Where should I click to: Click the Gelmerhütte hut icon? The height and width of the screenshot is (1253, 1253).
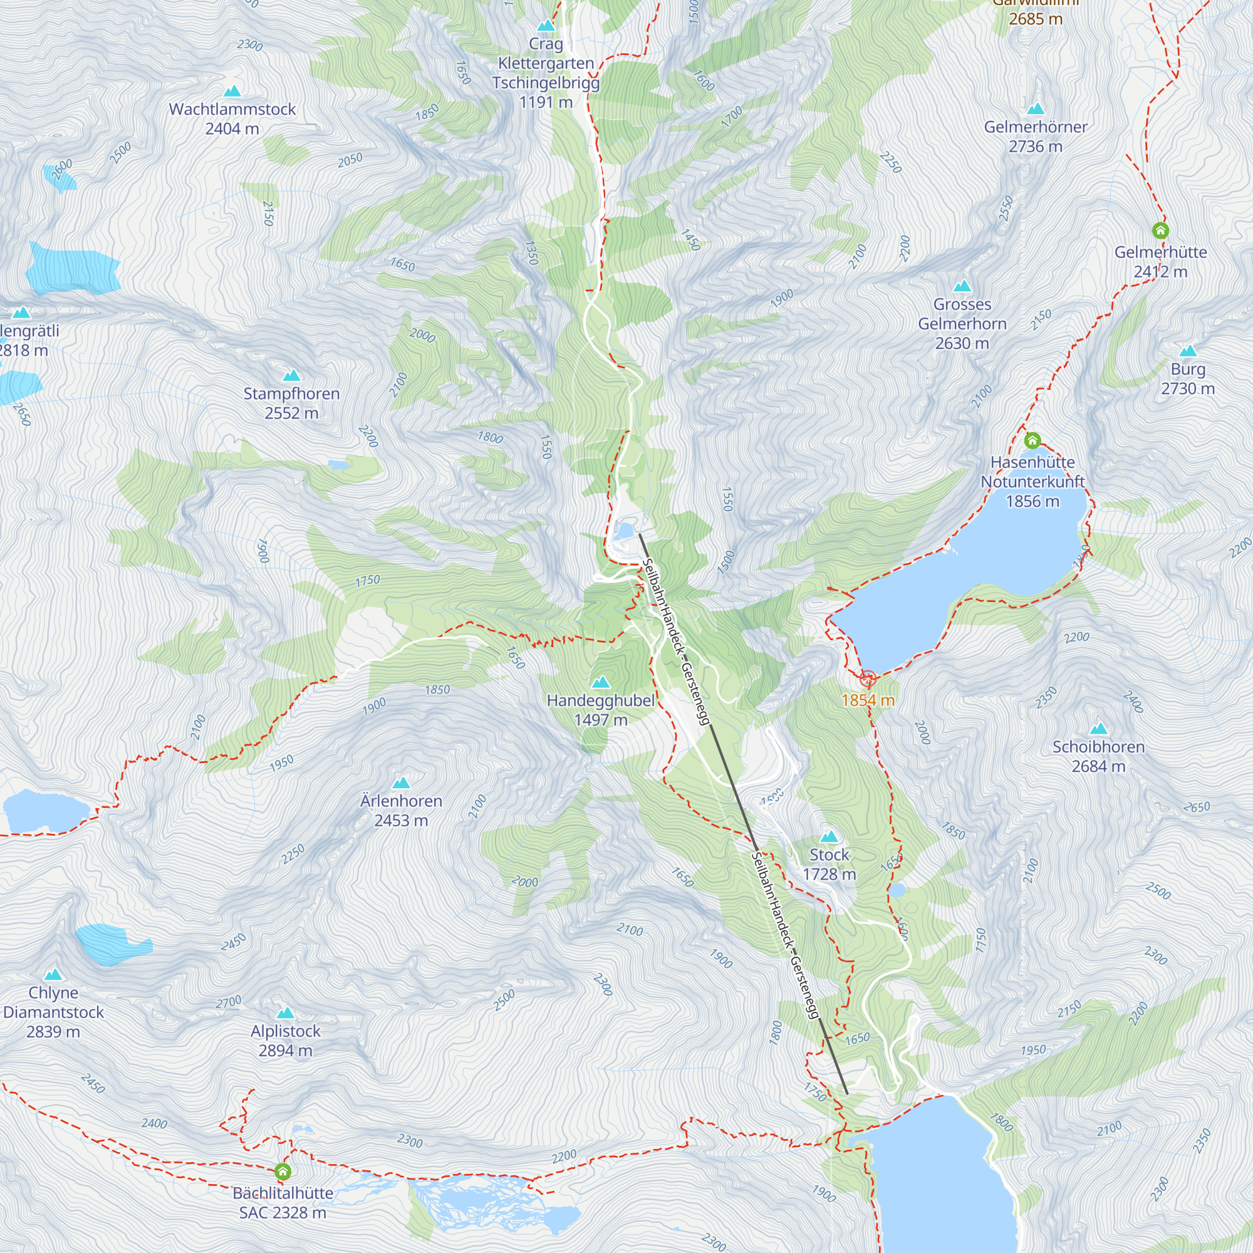1160,230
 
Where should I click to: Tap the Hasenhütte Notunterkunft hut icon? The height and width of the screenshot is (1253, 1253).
1032,441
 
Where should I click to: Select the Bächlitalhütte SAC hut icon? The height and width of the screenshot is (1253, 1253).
282,1172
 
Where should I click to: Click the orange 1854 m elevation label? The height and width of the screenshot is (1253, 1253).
868,700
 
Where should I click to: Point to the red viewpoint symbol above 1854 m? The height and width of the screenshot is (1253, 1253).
868,679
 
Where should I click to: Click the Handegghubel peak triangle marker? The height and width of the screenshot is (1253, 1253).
601,682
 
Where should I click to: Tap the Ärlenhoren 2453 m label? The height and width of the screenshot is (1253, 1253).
401,811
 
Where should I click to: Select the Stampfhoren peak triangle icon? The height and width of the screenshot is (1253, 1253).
291,375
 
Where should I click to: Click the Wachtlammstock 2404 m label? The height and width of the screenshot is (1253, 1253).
232,118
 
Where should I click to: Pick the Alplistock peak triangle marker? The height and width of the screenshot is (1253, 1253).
285,1013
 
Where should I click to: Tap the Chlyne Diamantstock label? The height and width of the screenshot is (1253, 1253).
53,1012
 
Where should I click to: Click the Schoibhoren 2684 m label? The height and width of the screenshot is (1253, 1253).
1098,756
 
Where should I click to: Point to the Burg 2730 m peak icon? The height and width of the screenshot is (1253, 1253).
1187,351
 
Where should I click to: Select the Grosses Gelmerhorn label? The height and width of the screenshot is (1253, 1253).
962,324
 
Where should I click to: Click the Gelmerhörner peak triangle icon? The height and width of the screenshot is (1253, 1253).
1035,109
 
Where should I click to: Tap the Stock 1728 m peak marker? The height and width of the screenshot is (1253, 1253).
829,836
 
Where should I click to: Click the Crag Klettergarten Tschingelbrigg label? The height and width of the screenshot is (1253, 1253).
546,73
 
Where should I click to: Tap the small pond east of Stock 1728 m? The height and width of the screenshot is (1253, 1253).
897,890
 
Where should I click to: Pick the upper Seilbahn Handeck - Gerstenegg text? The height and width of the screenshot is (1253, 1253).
675,641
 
